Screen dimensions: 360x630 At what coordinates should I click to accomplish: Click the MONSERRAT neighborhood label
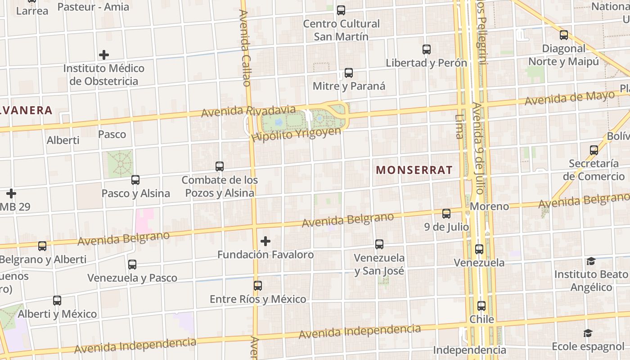point(414,170)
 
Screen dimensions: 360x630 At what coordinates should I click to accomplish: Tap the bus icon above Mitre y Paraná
point(348,73)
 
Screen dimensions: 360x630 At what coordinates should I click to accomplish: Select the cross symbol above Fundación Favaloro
point(265,241)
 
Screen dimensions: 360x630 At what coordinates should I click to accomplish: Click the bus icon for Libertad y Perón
point(427,49)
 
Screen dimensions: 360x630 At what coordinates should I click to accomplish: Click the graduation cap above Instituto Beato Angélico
point(591,261)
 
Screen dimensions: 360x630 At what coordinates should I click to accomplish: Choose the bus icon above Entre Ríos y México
point(257,286)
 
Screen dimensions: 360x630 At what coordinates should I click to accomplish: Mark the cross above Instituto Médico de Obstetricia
point(104,55)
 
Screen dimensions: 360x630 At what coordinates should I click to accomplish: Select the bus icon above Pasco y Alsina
point(135,180)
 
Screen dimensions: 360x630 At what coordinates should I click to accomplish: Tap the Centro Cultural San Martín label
point(341,30)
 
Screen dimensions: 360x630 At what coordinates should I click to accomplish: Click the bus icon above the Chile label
point(481,306)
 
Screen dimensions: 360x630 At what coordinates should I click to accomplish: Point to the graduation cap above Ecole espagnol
point(588,333)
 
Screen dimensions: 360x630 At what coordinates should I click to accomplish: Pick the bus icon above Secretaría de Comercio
point(594,150)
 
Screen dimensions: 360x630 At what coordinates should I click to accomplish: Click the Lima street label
point(459,126)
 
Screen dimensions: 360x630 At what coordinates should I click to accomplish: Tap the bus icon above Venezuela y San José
point(379,244)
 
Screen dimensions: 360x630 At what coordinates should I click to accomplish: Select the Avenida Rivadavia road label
point(248,111)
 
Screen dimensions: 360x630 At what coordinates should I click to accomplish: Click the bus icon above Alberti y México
point(57,301)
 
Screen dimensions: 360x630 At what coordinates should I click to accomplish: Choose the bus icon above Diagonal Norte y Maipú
point(563,35)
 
